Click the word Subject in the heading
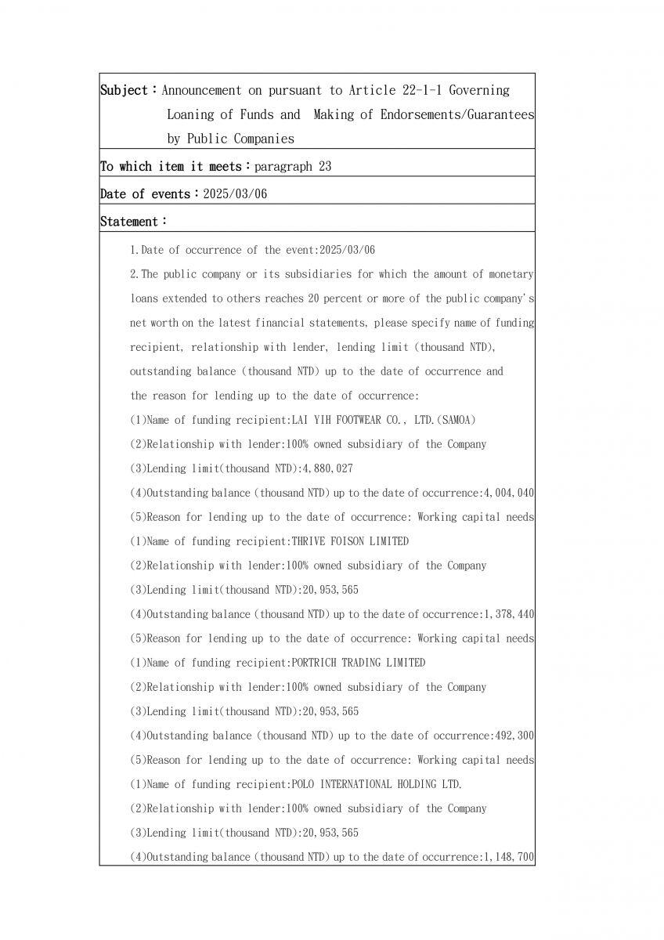pos(124,90)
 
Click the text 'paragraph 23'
pos(293,166)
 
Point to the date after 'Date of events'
pos(235,194)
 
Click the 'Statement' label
pos(130,222)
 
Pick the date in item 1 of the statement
pos(345,250)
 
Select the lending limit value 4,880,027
pos(330,468)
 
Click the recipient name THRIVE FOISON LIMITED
pos(349,541)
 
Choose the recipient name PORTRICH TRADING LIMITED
pos(358,663)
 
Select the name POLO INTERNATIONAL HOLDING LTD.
pos(376,784)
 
